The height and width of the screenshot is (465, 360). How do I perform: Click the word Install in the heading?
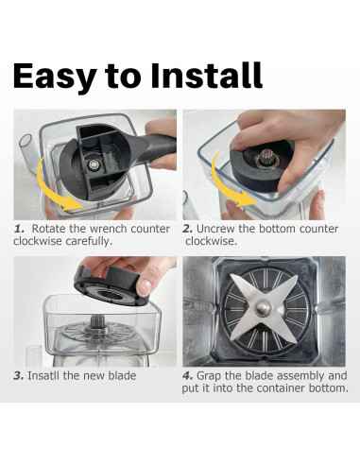[x=206, y=75]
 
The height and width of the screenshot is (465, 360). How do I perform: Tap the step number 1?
[x=19, y=229]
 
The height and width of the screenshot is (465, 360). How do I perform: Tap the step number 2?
[x=188, y=229]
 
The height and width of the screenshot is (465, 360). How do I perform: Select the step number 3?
[x=19, y=376]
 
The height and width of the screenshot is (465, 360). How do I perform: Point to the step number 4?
[x=188, y=376]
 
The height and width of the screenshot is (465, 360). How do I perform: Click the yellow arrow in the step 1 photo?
[x=54, y=186]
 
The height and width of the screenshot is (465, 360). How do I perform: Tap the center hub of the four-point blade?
[x=263, y=307]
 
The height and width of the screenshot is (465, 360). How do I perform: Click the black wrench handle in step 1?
[x=158, y=148]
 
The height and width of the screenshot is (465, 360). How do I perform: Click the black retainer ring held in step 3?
[x=111, y=285]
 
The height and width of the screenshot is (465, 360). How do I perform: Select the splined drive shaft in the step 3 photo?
[x=96, y=322]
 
